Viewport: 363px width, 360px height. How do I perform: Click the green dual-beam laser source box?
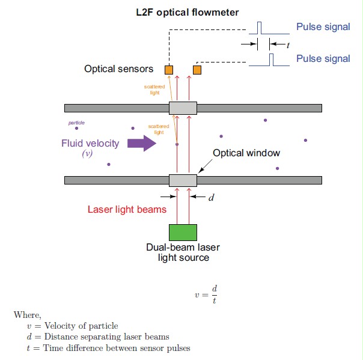tap(183, 232)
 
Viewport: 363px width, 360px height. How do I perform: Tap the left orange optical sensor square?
tap(169, 70)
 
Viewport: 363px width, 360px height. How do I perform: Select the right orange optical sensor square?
tap(197, 70)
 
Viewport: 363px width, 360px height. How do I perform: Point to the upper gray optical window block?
tap(183, 108)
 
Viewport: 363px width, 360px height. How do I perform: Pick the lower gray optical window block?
tap(183, 180)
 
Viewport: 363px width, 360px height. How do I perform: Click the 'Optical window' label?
tap(246, 153)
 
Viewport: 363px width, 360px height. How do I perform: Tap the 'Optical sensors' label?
tap(118, 69)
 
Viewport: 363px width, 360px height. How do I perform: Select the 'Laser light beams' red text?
tap(127, 210)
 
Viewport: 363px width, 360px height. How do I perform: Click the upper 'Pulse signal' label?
tap(323, 26)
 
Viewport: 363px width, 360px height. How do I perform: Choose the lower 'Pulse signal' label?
tap(323, 58)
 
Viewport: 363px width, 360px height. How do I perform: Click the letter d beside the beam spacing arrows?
tap(211, 197)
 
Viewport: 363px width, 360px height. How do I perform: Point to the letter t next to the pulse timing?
tap(288, 44)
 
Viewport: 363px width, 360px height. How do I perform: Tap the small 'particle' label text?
tap(76, 123)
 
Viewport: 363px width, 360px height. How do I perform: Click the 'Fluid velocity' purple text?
tap(90, 143)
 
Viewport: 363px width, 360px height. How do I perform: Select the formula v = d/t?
tap(206, 294)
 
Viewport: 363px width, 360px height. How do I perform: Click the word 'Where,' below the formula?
tap(28, 314)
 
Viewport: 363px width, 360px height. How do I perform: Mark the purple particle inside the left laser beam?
tap(177, 145)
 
